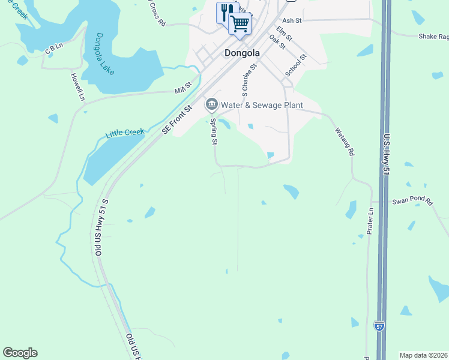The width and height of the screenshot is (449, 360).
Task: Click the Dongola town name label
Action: [x=242, y=53]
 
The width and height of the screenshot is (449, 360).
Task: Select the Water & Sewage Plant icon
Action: [x=211, y=105]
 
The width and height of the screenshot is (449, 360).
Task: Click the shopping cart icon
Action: [x=240, y=24]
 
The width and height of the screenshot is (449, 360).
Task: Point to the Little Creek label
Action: [x=125, y=132]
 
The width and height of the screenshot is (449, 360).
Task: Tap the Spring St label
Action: [x=213, y=131]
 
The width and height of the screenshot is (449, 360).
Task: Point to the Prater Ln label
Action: [x=370, y=221]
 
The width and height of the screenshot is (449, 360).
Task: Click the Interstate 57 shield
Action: [x=379, y=326]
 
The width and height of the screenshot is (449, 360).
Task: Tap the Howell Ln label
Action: [x=77, y=86]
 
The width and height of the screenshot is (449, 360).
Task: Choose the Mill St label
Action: [x=182, y=88]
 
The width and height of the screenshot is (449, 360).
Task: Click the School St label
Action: [x=296, y=65]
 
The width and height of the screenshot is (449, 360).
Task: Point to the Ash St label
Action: [x=291, y=20]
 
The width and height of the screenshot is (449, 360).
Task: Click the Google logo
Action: [x=20, y=353]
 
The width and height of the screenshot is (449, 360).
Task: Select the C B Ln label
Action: [x=54, y=47]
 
